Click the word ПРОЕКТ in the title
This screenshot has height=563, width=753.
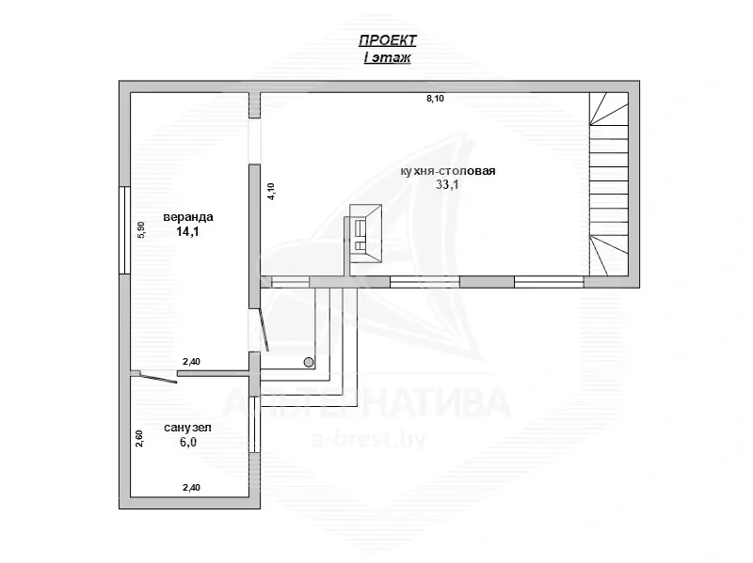[x=388, y=40]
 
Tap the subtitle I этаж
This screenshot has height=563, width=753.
[x=387, y=58]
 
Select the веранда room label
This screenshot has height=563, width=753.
[x=188, y=217]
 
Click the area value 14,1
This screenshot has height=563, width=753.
[x=187, y=232]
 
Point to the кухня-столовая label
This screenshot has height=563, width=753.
[x=448, y=171]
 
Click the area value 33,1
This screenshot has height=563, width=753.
[x=447, y=184]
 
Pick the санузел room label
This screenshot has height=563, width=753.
[x=187, y=428]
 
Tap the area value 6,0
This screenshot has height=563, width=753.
[x=188, y=442]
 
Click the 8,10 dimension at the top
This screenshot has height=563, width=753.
[x=435, y=99]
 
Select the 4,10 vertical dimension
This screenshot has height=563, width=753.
[x=271, y=191]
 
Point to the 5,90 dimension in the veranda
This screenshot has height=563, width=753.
[x=140, y=229]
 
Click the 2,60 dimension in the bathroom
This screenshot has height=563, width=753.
[x=138, y=438]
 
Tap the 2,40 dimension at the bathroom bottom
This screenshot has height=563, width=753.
[x=191, y=488]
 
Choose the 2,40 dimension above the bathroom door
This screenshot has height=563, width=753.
[x=191, y=362]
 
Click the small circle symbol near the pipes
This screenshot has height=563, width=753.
[x=309, y=362]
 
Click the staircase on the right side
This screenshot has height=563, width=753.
[x=609, y=184]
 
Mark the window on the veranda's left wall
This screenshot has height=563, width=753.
[x=125, y=230]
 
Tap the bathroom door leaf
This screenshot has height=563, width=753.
[x=157, y=378]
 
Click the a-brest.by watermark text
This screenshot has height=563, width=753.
[x=369, y=439]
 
